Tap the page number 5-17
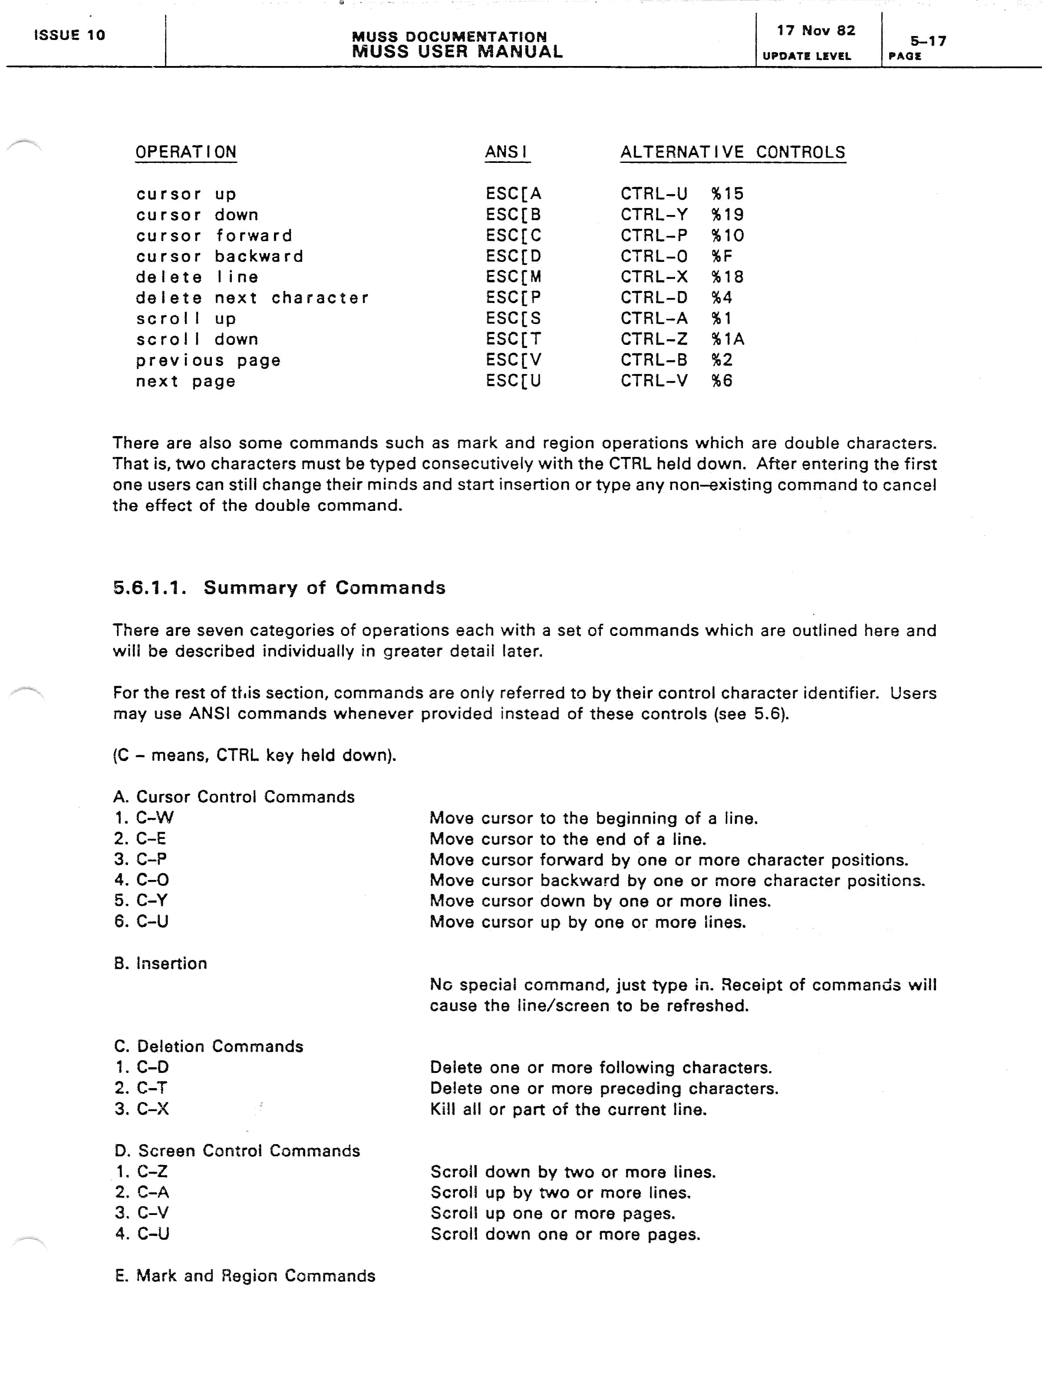coord(928,41)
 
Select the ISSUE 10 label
coord(69,35)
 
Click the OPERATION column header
coord(186,152)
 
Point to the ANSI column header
coord(506,152)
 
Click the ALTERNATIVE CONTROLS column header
coord(732,152)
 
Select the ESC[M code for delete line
coord(513,277)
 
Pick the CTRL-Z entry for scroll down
coord(654,339)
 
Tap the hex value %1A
coord(727,339)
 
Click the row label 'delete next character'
coord(252,298)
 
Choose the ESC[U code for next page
coord(513,381)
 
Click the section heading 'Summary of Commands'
coord(324,588)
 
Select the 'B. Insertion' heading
coord(161,963)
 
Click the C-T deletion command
coord(152,1088)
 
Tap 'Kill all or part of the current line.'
coord(568,1109)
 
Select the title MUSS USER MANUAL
coord(457,52)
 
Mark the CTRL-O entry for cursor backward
coord(654,256)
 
